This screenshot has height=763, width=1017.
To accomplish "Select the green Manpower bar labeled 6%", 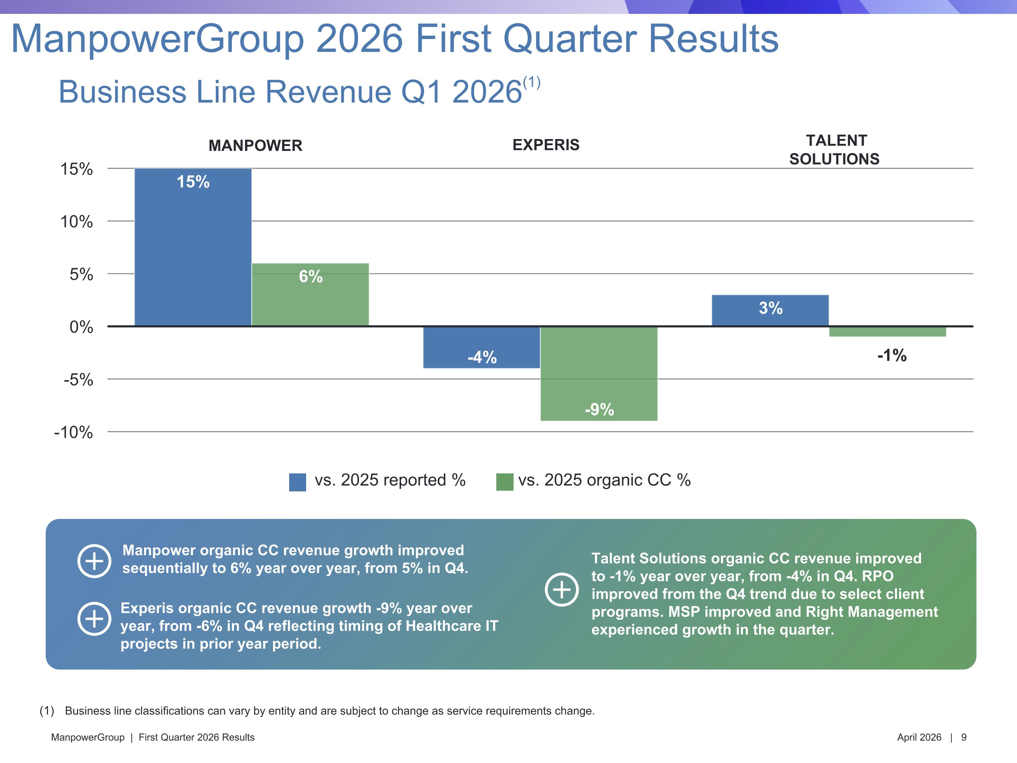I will click(310, 294).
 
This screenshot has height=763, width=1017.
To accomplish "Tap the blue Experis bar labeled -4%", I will click(481, 347).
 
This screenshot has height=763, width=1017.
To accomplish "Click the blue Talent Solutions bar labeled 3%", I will click(770, 310).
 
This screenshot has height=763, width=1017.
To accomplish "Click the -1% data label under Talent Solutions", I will click(892, 355).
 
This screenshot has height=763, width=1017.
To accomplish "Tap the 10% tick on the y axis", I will click(76, 222).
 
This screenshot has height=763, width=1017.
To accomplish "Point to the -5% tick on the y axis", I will click(78, 380).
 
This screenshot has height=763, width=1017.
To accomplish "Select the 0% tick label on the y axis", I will click(81, 327).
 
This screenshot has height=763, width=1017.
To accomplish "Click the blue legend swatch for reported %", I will click(297, 482).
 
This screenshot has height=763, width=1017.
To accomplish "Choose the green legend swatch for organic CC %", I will click(504, 482).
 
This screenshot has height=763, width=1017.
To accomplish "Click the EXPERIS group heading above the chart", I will click(546, 145).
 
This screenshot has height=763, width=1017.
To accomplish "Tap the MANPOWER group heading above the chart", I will click(255, 146).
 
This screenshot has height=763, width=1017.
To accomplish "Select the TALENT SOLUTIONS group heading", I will click(835, 150).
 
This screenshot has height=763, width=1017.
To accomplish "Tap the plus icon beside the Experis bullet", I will click(94, 619).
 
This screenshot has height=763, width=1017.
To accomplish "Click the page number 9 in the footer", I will click(964, 737).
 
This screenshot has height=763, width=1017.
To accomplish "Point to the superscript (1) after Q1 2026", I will click(532, 83).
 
